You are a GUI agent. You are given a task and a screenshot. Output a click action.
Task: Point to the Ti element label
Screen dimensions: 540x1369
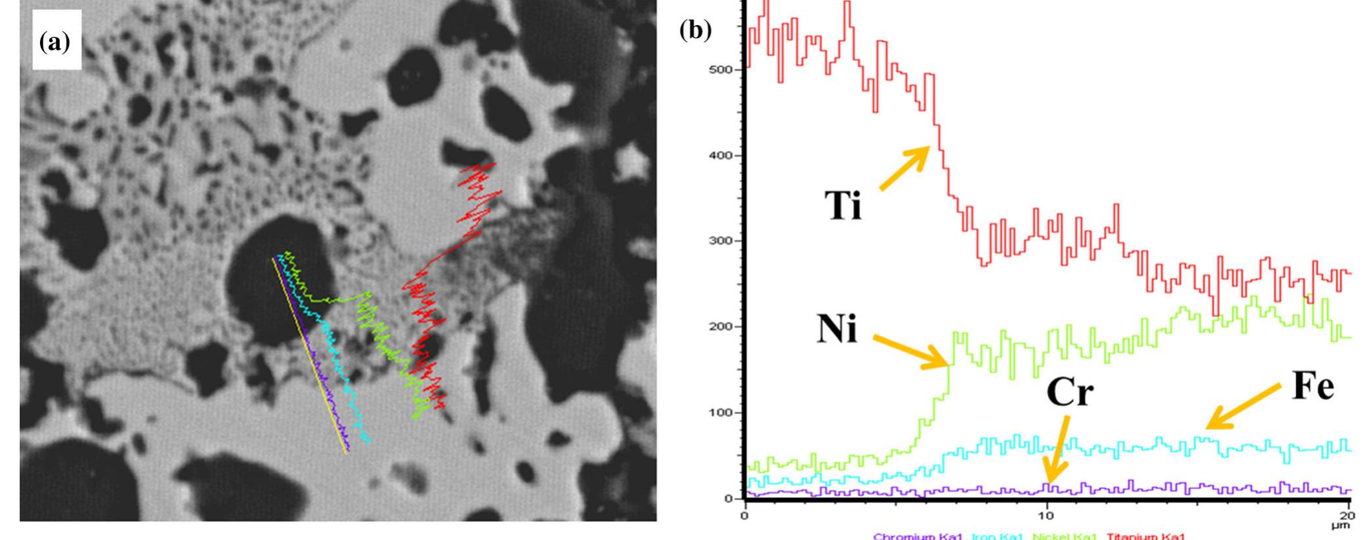(x=843, y=207)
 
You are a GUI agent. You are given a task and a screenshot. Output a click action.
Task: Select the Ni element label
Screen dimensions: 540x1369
(x=837, y=329)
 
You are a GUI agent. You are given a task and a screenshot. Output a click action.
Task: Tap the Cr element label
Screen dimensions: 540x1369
(x=1069, y=392)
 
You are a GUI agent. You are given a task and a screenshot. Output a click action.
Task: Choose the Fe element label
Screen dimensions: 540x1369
(x=1313, y=387)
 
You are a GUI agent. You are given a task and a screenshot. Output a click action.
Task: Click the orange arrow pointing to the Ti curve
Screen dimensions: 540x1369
(x=904, y=168)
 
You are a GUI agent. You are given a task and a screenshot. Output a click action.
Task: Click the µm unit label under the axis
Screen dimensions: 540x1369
(x=1346, y=525)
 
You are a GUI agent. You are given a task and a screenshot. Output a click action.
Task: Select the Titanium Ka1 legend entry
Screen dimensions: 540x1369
(x=1146, y=536)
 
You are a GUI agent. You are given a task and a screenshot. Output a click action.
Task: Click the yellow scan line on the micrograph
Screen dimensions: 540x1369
(x=309, y=354)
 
